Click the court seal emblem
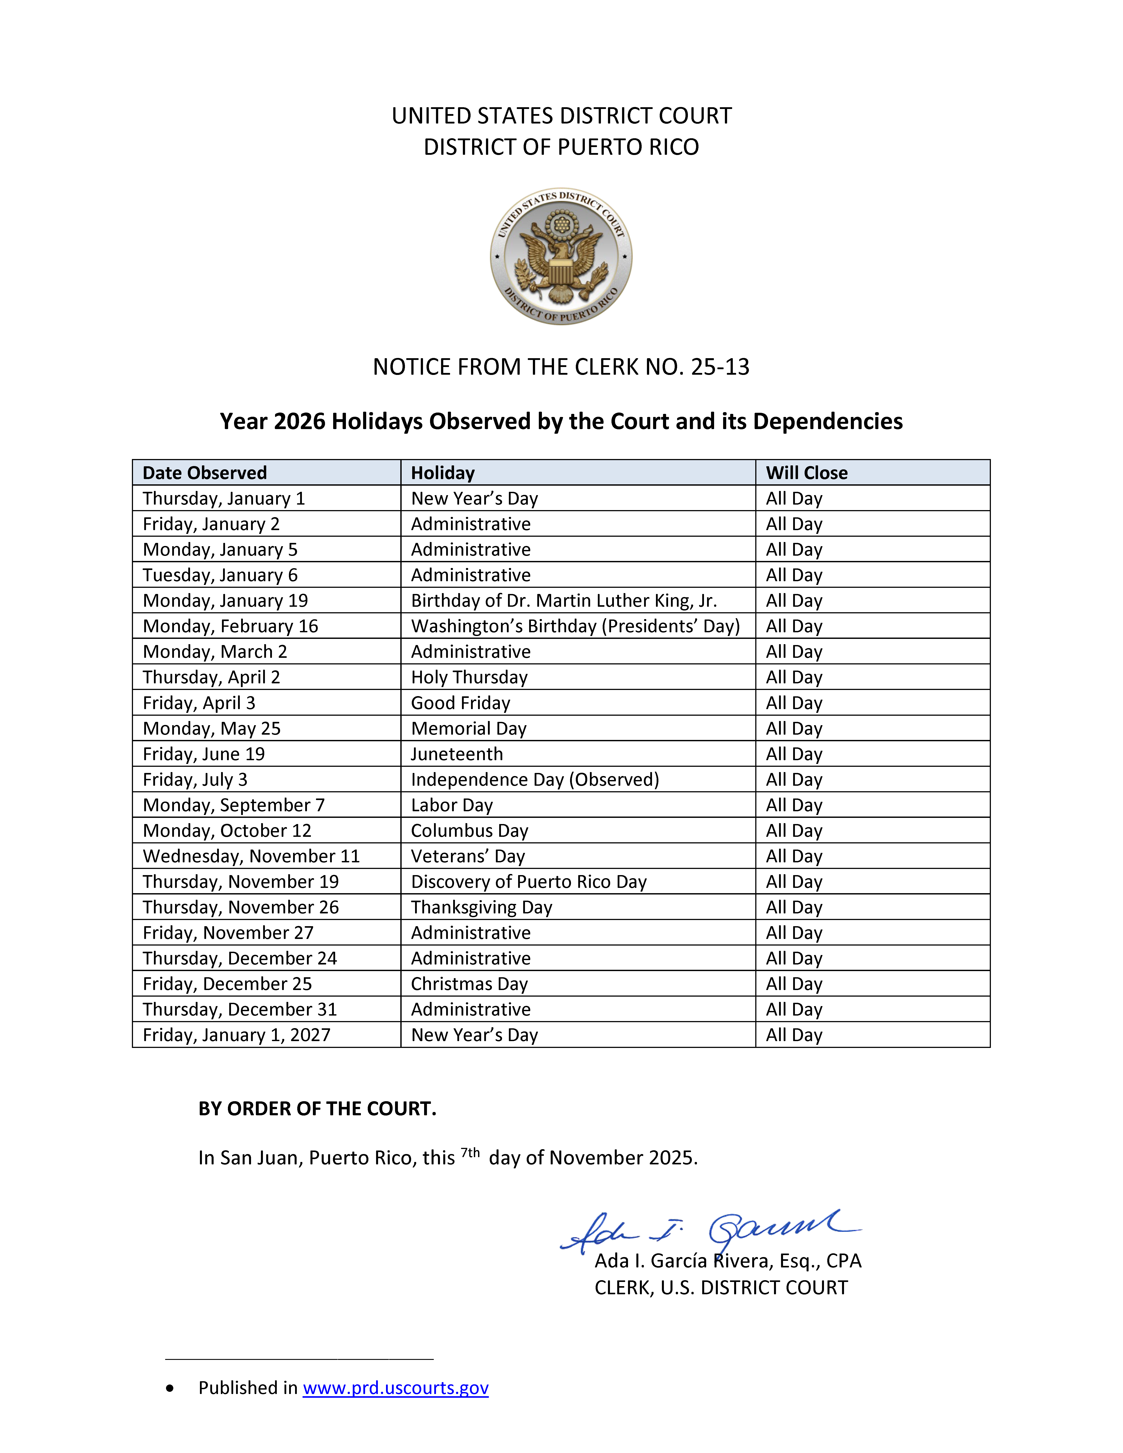pos(561,256)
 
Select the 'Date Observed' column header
pos(205,473)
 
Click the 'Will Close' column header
pos(806,473)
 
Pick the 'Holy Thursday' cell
pos(469,677)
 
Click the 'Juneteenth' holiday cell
pos(457,754)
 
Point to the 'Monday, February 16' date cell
pos(230,626)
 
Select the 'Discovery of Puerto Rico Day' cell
pos(529,881)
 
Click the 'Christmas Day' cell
pos(469,984)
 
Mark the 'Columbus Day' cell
pos(469,831)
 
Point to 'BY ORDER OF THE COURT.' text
pos(317,1108)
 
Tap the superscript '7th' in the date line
pos(470,1153)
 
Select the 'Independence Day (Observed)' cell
pos(535,780)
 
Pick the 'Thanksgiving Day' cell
pos(482,907)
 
